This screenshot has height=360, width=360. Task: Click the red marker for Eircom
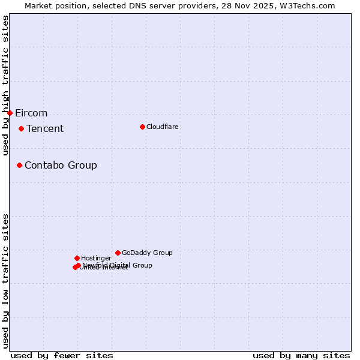coord(10,113)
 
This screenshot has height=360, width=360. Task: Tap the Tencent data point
coord(21,128)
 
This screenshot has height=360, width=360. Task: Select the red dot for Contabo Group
coord(19,165)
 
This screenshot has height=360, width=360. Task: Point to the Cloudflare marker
coord(142,127)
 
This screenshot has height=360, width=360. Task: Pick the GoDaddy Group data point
coord(118,253)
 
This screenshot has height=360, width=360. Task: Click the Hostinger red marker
coord(77,258)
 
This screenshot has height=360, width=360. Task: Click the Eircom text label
coord(31,113)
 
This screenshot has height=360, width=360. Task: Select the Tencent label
coord(45,129)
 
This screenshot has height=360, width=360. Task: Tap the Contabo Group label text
coord(61,166)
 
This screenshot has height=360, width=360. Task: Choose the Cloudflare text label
coord(163,127)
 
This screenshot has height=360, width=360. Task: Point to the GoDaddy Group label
coord(147,253)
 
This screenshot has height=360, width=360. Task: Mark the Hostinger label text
coord(97,259)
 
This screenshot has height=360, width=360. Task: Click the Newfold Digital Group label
coord(118,265)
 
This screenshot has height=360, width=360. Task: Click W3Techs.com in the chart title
coord(306,5)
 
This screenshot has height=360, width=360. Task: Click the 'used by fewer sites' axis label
coord(62,356)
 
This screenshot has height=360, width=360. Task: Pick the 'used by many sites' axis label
coord(301,356)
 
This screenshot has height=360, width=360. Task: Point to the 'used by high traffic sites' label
coord(5,86)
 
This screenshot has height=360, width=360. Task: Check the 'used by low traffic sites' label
coord(5,281)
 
